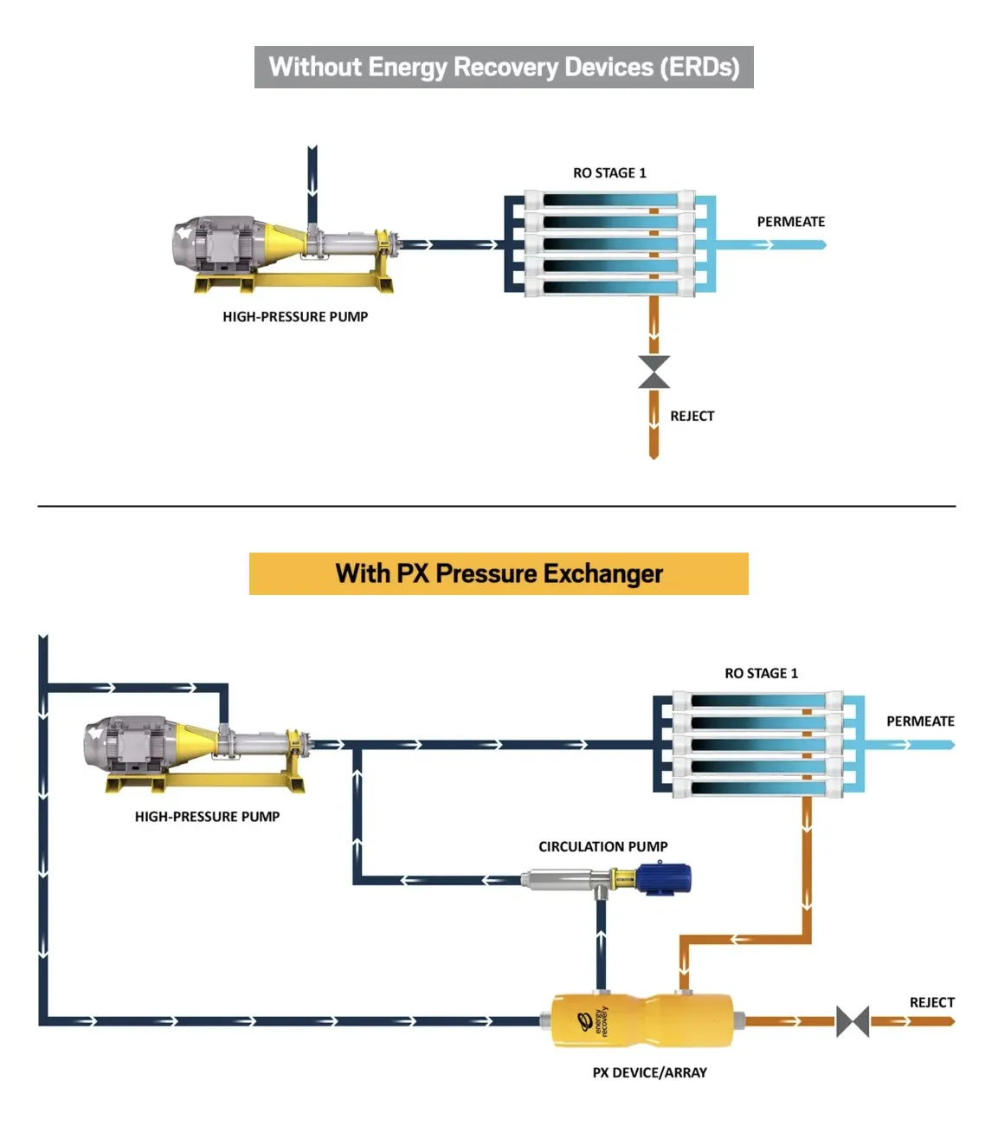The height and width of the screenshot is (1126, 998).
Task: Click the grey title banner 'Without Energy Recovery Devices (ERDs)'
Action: (x=504, y=67)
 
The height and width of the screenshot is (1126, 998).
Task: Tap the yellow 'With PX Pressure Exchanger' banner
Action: (x=499, y=573)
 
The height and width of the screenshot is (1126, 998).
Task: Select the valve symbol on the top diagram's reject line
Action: (x=654, y=372)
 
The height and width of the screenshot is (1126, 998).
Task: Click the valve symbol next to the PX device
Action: (x=853, y=1021)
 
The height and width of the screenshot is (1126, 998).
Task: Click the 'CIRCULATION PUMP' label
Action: (x=602, y=846)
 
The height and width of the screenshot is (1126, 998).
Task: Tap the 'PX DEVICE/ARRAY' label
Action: (x=649, y=1072)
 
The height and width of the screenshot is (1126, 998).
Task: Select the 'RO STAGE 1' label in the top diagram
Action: (x=609, y=173)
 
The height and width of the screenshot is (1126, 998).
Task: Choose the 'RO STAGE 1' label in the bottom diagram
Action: (x=761, y=673)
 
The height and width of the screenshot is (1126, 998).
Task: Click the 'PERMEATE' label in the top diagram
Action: (x=791, y=222)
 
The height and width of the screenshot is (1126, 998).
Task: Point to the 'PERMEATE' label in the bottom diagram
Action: (x=920, y=721)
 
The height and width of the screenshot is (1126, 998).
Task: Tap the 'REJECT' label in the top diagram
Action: (x=692, y=416)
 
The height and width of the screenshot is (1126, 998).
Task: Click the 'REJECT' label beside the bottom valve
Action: (x=932, y=1002)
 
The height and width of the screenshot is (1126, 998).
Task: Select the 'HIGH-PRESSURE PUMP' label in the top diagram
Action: (x=295, y=316)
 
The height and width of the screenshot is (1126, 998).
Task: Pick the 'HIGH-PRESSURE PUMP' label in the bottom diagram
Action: (x=207, y=817)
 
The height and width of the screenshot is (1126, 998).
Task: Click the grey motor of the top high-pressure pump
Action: (x=219, y=244)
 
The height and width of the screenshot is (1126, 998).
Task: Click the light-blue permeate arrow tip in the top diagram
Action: (x=825, y=244)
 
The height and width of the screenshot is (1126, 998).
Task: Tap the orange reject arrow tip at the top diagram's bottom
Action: (x=654, y=458)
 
